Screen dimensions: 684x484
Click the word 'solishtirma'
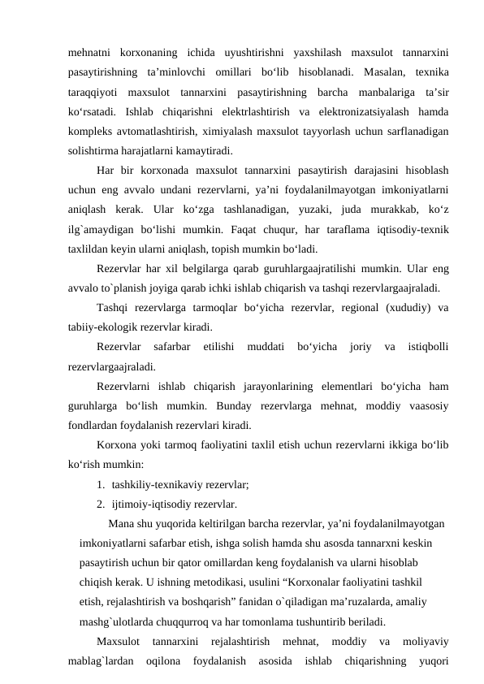click(96, 150)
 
